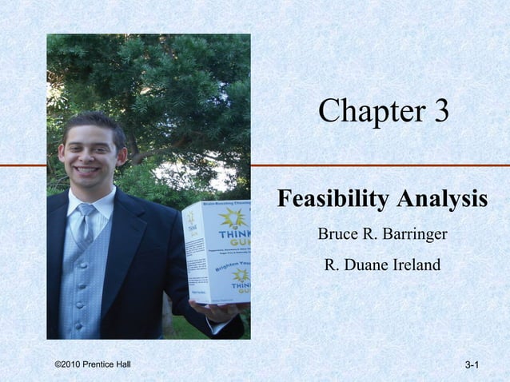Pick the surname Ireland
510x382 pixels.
[412, 264]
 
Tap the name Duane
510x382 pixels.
[362, 264]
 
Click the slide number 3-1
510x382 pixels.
[471, 365]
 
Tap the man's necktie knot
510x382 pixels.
[86, 210]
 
